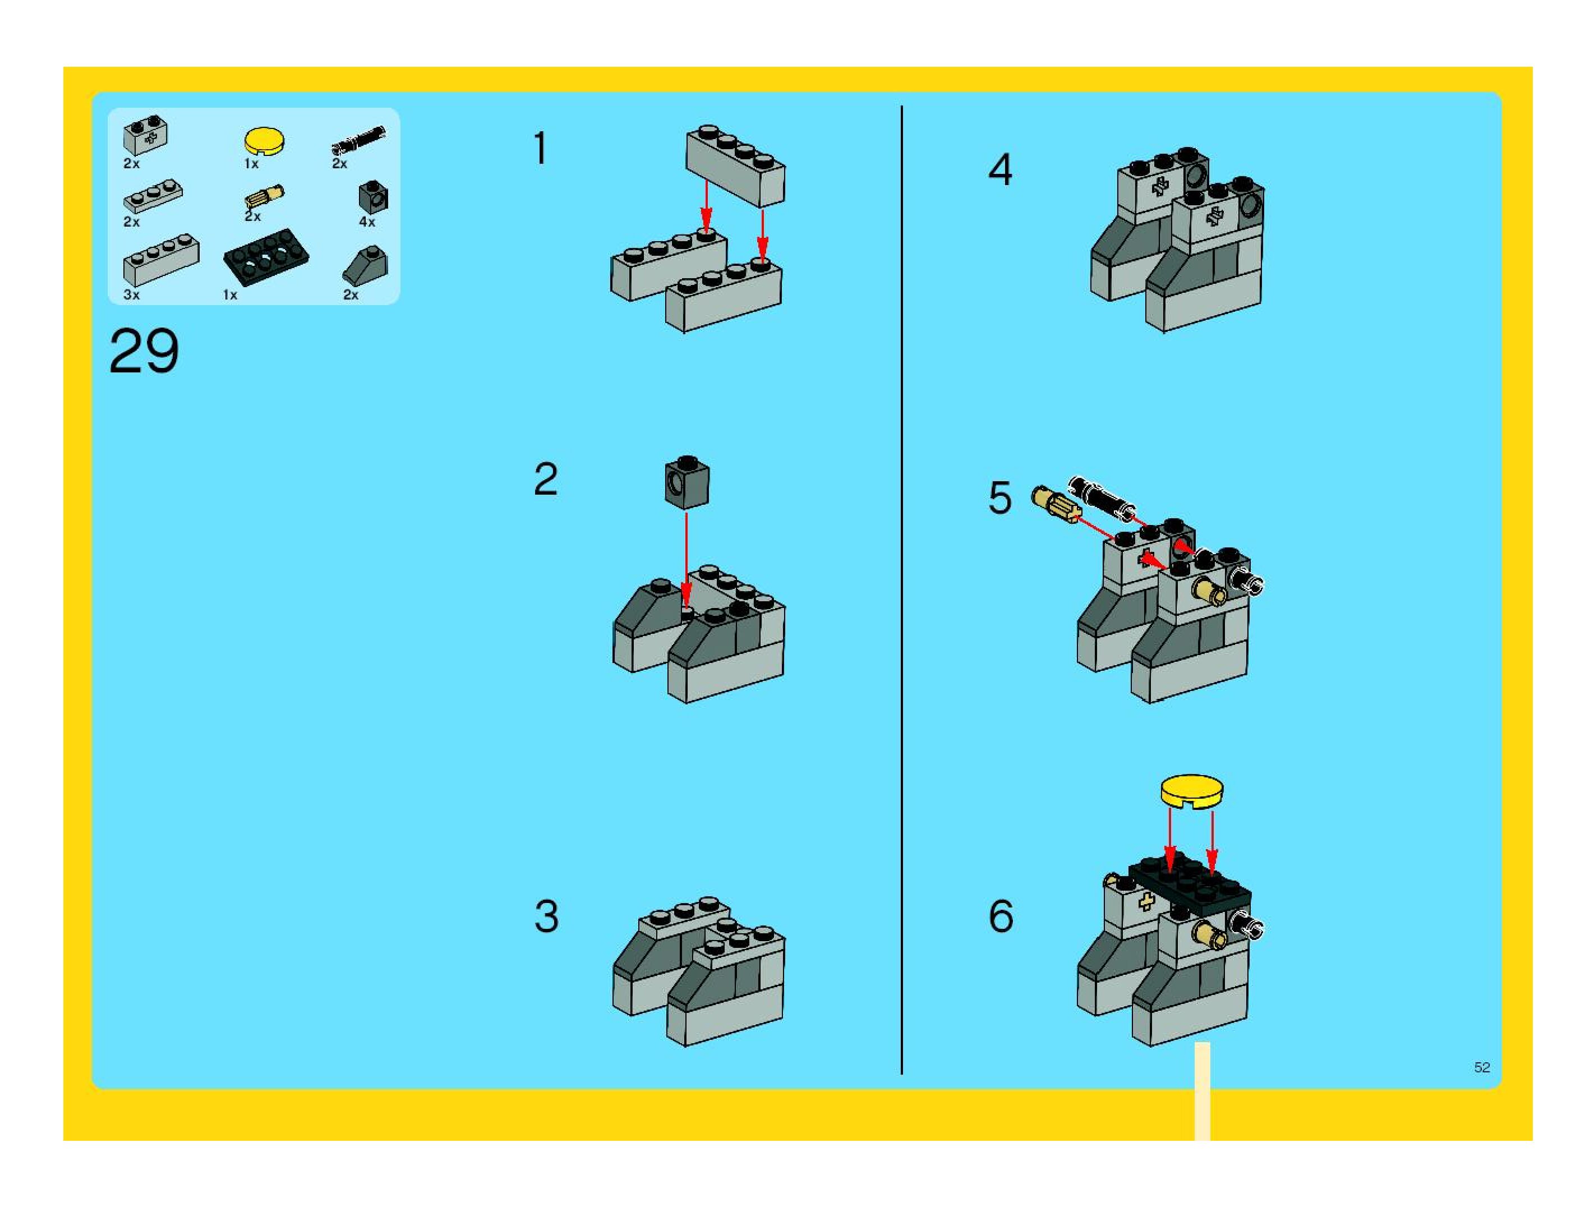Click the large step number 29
pos(144,351)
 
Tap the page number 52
pos(1482,1067)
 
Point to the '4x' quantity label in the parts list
pos(367,222)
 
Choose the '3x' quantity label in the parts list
pos(131,294)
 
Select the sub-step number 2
pos(546,479)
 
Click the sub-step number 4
pos(1000,170)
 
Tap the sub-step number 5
pos(999,498)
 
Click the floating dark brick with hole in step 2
pos(687,483)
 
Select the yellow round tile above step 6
pos(1192,790)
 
